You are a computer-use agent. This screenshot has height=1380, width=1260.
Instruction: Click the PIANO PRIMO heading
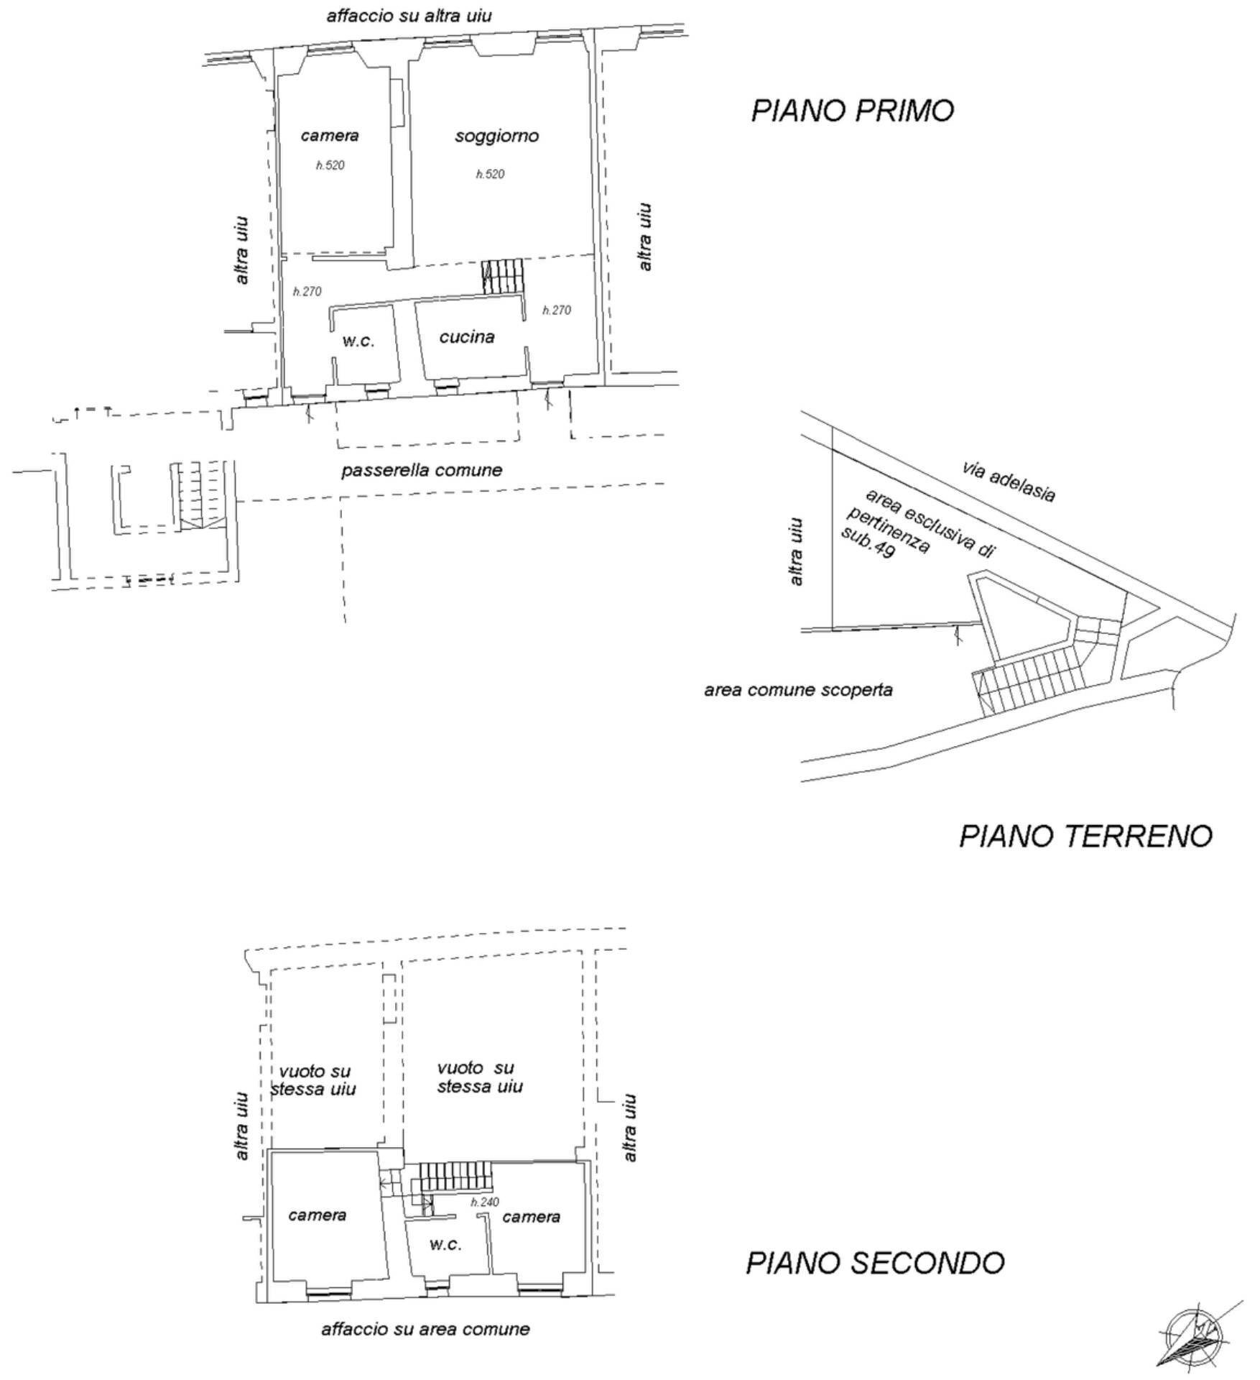pos(852,111)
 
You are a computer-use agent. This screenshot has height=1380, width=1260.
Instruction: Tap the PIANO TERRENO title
pos(1085,836)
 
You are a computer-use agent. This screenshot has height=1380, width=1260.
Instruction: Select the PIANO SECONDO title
pos(874,1262)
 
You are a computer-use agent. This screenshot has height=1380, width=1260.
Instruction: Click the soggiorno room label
pos(496,136)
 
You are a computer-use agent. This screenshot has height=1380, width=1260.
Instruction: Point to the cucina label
pos(467,336)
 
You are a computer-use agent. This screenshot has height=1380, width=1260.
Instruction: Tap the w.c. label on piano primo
pos(358,341)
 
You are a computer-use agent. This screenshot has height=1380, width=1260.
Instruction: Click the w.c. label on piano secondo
pos(445,1244)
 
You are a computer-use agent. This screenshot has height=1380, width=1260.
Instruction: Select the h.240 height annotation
pos(485,1202)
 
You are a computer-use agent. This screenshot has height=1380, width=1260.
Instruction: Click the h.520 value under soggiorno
pos(490,174)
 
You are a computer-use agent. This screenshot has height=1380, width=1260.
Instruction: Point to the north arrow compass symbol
pos(1195,1336)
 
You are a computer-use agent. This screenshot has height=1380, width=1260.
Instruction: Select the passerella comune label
pos(422,470)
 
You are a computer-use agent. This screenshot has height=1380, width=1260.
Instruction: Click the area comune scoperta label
pos(798,690)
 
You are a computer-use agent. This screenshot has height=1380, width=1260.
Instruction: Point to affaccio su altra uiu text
pos(409,15)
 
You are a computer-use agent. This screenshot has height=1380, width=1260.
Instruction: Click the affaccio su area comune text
pos(425,1329)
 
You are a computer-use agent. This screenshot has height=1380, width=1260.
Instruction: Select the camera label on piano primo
pos(330,135)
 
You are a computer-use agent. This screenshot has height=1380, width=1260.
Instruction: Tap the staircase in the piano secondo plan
pos(455,1177)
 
